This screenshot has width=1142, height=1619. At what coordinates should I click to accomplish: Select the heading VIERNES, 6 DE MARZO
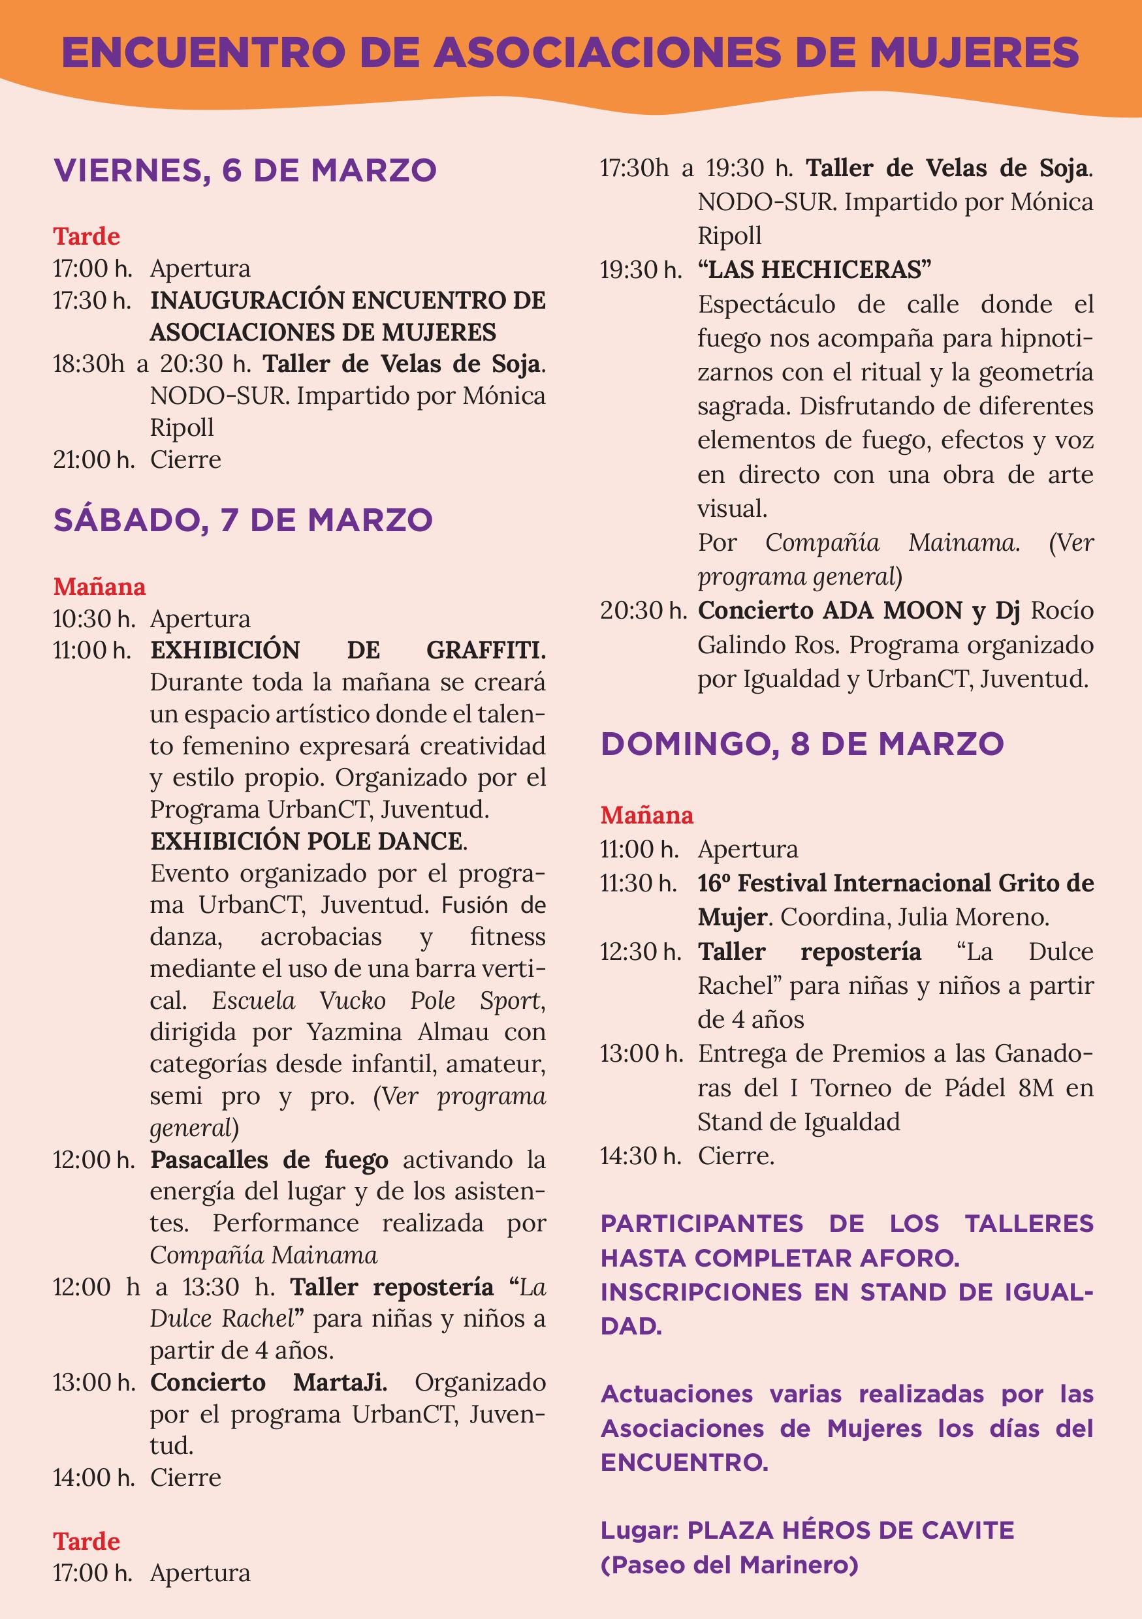tap(246, 170)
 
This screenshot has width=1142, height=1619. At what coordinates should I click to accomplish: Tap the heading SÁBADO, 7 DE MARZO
tap(244, 519)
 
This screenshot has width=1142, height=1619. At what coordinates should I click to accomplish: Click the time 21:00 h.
tap(93, 460)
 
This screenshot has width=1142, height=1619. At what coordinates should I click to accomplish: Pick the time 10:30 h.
tap(93, 619)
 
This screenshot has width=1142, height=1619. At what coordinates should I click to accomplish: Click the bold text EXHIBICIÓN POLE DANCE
tap(308, 841)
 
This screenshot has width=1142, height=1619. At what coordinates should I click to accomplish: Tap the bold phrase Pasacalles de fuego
tap(269, 1160)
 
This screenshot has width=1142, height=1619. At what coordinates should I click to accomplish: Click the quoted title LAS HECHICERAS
tap(815, 270)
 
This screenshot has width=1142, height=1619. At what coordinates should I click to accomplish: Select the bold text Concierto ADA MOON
tap(832, 611)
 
